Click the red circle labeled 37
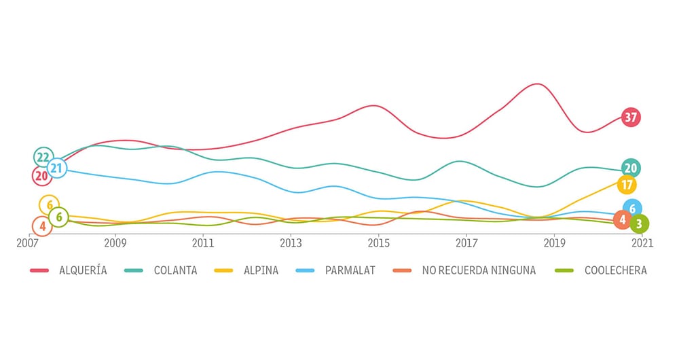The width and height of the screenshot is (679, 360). (631, 117)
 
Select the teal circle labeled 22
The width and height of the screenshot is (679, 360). (43, 157)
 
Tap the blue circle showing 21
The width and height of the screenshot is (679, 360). (57, 168)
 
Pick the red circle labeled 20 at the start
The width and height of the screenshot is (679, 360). (41, 176)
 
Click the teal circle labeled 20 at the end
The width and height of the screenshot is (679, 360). (630, 168)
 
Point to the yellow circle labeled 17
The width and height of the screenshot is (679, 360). (627, 185)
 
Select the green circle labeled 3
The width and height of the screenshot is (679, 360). (639, 223)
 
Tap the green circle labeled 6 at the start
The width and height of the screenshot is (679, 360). (58, 217)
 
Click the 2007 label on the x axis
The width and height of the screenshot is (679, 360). (28, 243)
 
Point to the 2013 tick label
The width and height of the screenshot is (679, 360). (291, 243)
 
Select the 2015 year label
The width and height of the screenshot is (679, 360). (379, 243)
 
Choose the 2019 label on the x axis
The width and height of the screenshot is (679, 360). (555, 243)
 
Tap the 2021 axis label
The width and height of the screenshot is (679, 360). (642, 243)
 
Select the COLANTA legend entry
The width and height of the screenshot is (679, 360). (175, 270)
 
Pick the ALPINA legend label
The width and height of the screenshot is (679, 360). (261, 270)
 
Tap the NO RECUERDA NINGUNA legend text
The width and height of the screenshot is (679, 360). (479, 270)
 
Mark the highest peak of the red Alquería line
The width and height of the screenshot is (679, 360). (537, 84)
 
